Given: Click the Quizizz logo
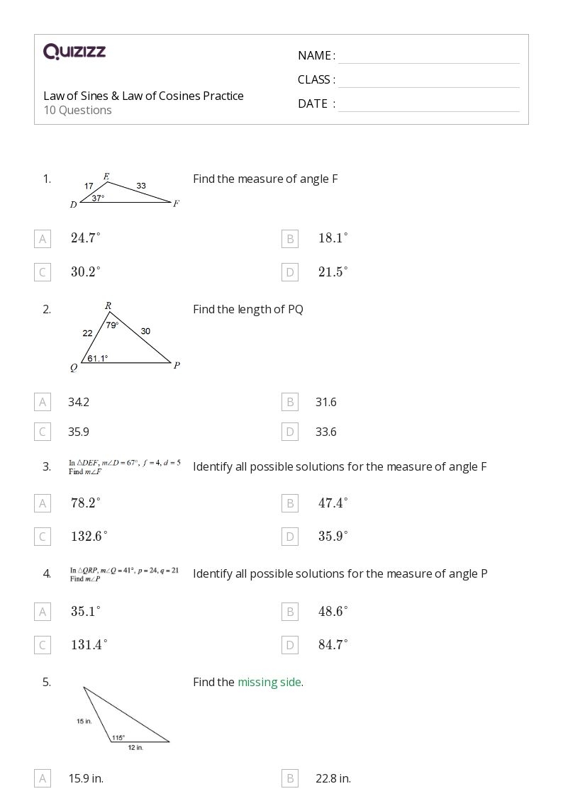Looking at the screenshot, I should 74,51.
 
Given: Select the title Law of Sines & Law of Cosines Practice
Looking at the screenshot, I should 143,96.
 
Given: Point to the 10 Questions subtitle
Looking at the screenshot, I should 77,110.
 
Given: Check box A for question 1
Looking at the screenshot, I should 43,239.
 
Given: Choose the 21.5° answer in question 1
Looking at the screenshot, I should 333,272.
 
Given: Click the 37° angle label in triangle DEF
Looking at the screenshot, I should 98,198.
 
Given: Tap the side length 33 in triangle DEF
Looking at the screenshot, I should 141,186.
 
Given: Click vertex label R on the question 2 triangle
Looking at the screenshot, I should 108,305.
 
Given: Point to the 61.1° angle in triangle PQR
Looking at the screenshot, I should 98,359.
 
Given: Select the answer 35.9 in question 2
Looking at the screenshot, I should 79,432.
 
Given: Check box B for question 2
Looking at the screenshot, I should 289,403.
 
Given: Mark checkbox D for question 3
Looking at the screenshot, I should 289,537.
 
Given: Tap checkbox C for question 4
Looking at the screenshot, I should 43,645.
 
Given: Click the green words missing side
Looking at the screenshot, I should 269,682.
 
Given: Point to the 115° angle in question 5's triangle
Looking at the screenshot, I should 118,737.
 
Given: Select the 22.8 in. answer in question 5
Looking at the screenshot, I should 333,778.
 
